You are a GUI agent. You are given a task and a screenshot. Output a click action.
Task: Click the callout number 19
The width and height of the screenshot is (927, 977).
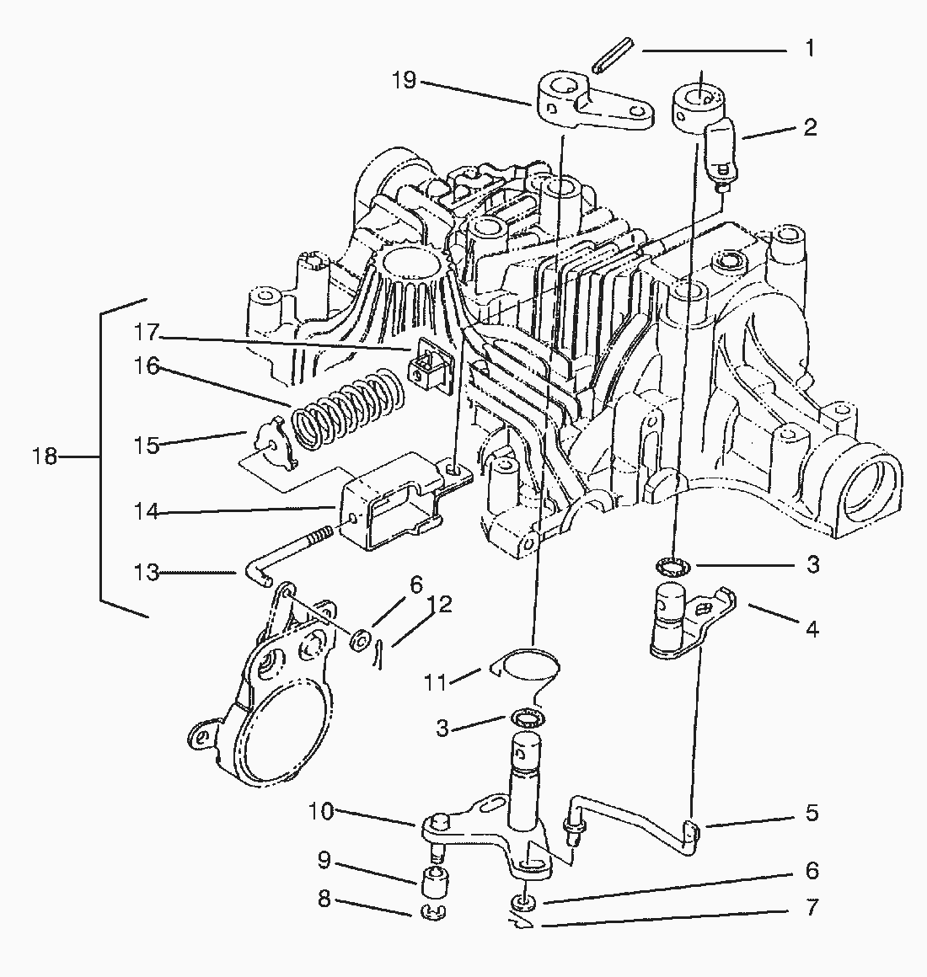pyautogui.click(x=405, y=82)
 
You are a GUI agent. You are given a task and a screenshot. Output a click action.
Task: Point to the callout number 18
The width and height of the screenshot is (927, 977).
pyautogui.click(x=44, y=456)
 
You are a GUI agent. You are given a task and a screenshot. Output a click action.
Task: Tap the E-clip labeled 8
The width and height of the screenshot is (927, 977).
pyautogui.click(x=431, y=911)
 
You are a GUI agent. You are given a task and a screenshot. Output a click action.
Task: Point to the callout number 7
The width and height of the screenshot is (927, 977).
pyautogui.click(x=811, y=908)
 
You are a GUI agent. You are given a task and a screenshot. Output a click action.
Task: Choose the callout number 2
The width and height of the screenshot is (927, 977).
pyautogui.click(x=810, y=127)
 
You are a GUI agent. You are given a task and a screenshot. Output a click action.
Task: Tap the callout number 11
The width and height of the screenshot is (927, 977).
pyautogui.click(x=435, y=681)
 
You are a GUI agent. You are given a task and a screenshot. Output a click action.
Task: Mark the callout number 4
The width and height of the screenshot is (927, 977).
pyautogui.click(x=811, y=628)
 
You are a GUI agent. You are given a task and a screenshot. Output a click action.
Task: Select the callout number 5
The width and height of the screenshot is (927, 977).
pyautogui.click(x=811, y=814)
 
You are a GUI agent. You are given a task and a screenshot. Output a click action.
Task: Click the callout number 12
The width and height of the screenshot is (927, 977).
pyautogui.click(x=439, y=605)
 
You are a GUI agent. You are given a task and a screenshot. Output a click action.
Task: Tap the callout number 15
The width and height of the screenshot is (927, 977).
pyautogui.click(x=147, y=445)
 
